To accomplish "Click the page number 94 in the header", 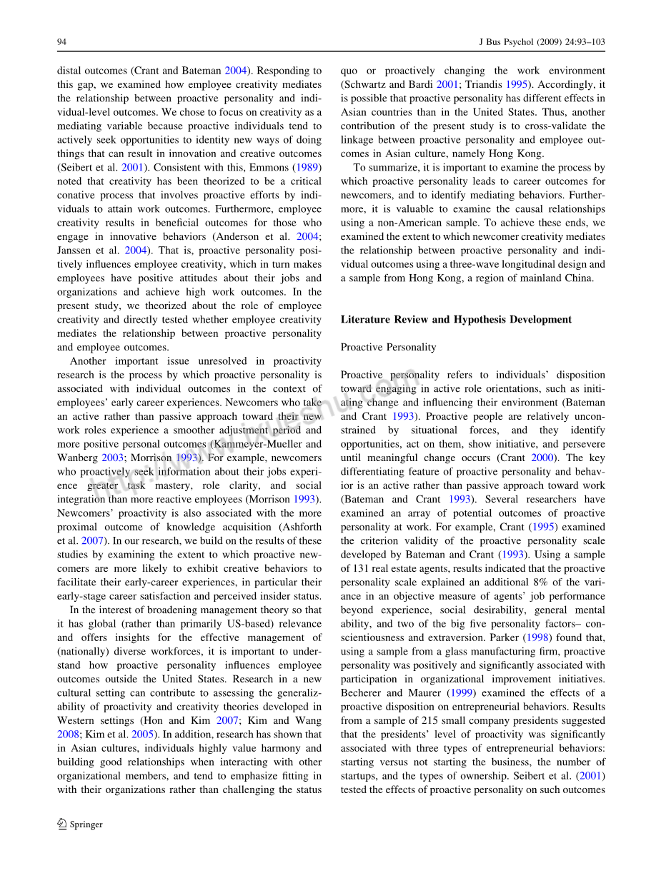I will [61, 42].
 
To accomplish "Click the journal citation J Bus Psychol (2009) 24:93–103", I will [541, 42].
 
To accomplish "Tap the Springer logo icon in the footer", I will [62, 824].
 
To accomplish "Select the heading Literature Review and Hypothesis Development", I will [456, 319].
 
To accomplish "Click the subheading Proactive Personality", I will [388, 347].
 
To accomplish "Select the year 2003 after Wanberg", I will [113, 458].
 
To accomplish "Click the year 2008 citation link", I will [68, 735].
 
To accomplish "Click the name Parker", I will [507, 637].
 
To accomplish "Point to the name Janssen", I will [76, 251].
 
